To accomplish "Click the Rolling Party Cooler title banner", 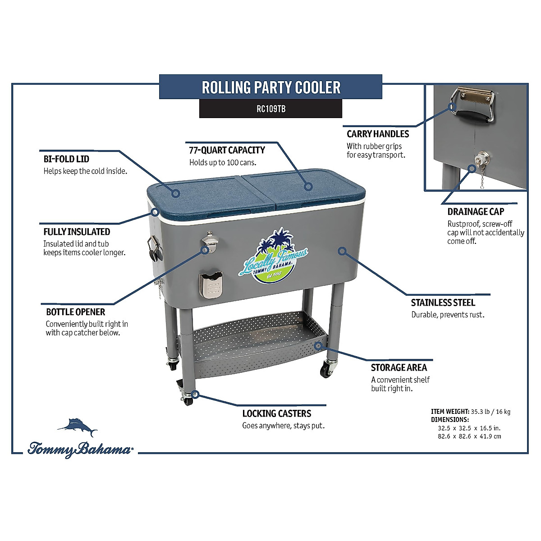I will (271, 87).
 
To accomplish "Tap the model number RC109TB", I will (271, 109).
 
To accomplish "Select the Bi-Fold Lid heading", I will (66, 159).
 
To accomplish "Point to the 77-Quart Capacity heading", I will (227, 150).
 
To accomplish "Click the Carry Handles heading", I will (378, 134).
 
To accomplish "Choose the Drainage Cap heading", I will (476, 211).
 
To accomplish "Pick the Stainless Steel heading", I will (443, 303).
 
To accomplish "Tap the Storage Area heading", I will (399, 367).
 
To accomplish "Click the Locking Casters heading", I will (277, 413).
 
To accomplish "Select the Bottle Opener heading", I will (76, 312).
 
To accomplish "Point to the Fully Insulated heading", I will (77, 232).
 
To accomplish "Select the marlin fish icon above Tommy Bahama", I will (78, 427).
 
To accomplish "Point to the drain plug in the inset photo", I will (478, 160).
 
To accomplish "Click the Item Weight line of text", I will (471, 412).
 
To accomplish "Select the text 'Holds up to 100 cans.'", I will (223, 162).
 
